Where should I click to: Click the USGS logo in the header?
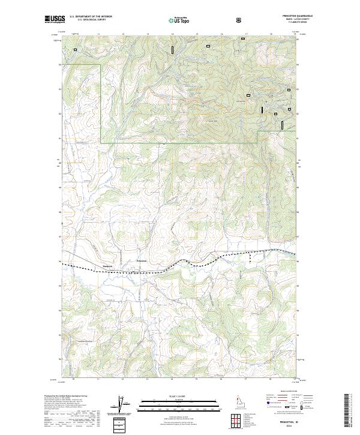point(55,20)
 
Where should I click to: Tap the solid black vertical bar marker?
point(262,109)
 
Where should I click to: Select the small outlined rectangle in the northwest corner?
point(76,50)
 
